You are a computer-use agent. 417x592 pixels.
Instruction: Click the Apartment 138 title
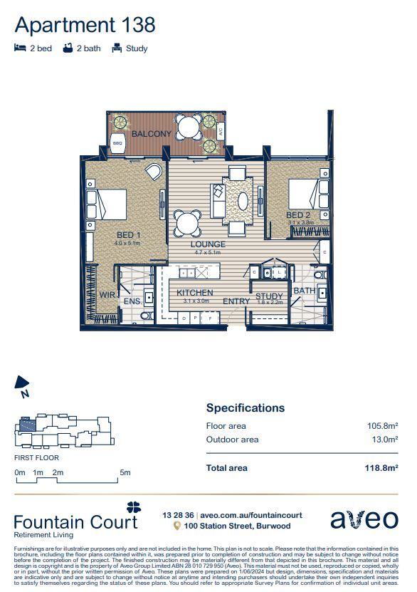click(85, 25)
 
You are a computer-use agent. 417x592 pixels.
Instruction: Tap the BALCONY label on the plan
click(151, 134)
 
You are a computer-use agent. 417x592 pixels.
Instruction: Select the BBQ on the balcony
click(117, 142)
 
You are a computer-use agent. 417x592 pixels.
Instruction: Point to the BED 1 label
click(129, 234)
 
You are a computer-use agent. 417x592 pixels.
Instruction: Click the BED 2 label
click(298, 215)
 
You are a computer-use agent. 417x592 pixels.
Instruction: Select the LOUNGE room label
click(208, 244)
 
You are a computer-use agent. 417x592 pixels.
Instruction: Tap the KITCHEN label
click(194, 294)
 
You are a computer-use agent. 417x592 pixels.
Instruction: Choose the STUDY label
click(269, 296)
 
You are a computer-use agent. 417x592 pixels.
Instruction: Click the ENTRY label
click(236, 301)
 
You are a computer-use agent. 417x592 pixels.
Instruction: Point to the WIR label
click(107, 294)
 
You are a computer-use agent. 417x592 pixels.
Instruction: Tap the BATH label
click(305, 291)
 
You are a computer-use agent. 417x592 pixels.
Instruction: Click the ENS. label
click(132, 302)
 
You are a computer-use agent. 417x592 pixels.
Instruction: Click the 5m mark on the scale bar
click(125, 472)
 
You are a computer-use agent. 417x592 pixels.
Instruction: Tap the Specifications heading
click(245, 408)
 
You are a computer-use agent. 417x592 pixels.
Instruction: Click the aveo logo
click(364, 519)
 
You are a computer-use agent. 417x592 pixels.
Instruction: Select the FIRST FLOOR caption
click(36, 458)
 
